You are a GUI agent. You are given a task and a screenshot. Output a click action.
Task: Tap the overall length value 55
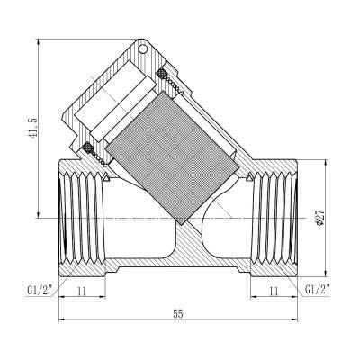(x=178, y=315)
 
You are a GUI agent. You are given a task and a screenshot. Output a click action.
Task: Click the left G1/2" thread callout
(x=37, y=290)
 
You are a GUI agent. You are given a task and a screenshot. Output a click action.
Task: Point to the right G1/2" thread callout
(x=320, y=290)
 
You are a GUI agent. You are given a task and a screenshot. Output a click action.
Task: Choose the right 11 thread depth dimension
(x=274, y=292)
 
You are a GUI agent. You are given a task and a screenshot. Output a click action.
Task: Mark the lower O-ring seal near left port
(x=88, y=148)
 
